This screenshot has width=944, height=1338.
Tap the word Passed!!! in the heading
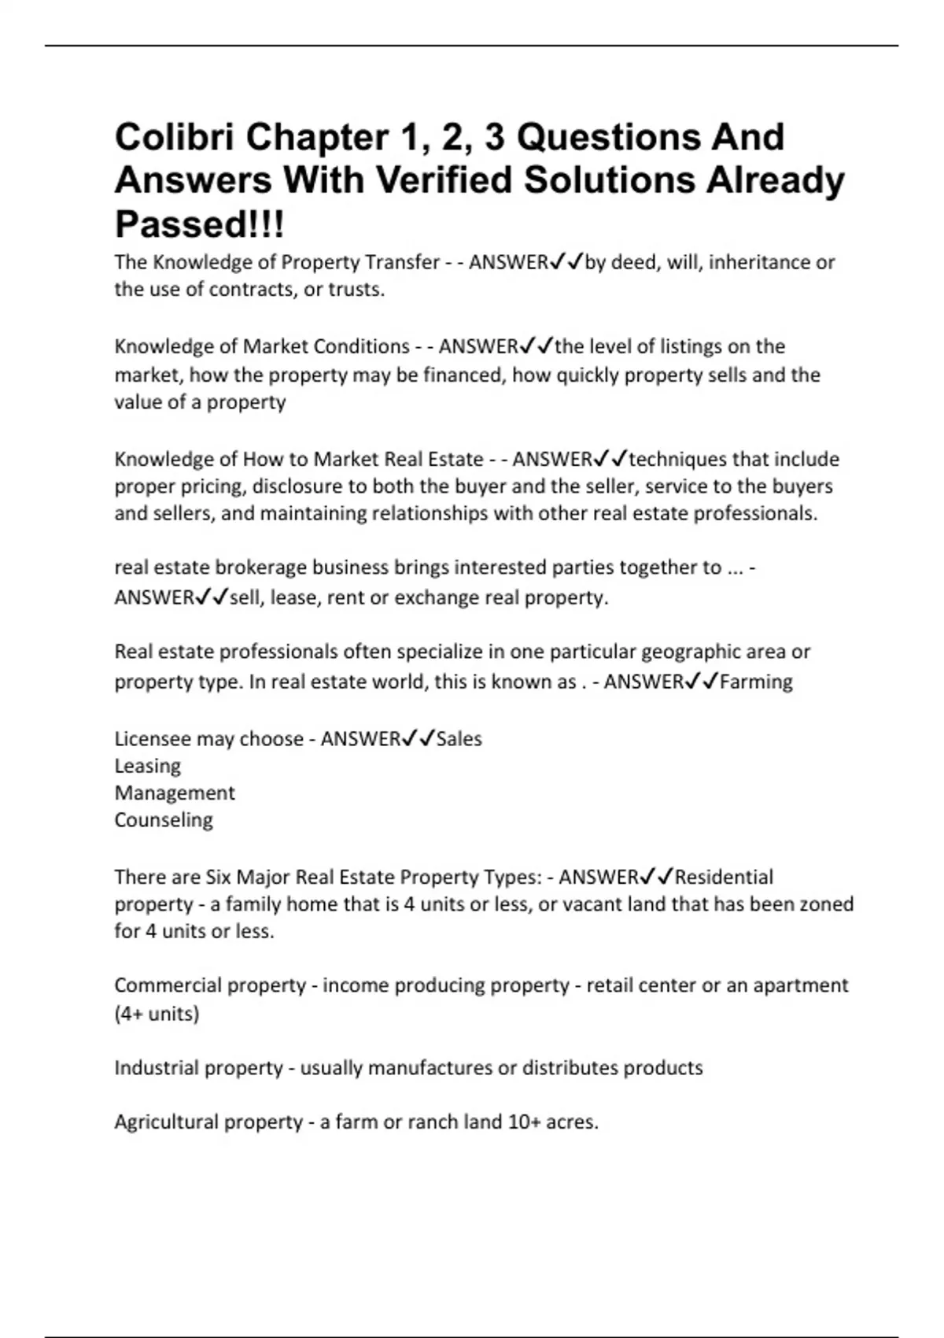click(x=200, y=224)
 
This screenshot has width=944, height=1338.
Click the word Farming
click(x=756, y=682)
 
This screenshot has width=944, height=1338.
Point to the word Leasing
click(x=148, y=766)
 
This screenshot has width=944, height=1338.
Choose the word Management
click(x=175, y=793)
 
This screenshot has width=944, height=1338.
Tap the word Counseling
click(x=164, y=820)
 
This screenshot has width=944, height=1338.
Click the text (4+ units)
click(x=157, y=1014)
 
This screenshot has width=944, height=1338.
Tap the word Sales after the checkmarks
click(x=459, y=739)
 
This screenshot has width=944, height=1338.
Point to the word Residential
click(x=724, y=877)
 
